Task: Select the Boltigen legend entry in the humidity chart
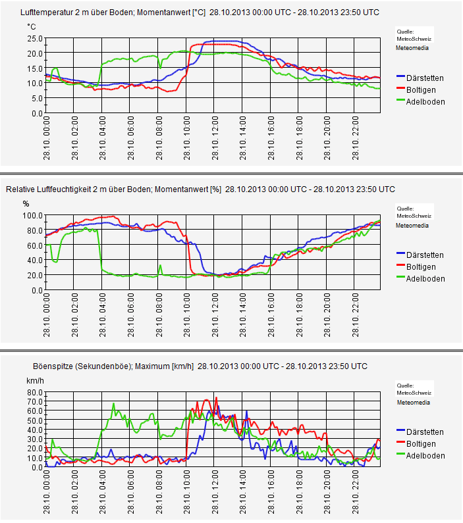coord(421,267)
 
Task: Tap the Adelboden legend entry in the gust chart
coord(425,456)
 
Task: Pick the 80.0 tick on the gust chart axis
coord(34,392)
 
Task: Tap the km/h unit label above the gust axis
coord(34,380)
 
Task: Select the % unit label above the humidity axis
coord(26,203)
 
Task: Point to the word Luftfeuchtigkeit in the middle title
coord(68,189)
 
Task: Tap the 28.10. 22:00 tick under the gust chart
coord(356,493)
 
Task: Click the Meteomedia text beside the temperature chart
coord(412,48)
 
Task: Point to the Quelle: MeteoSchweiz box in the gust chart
coord(414,388)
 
